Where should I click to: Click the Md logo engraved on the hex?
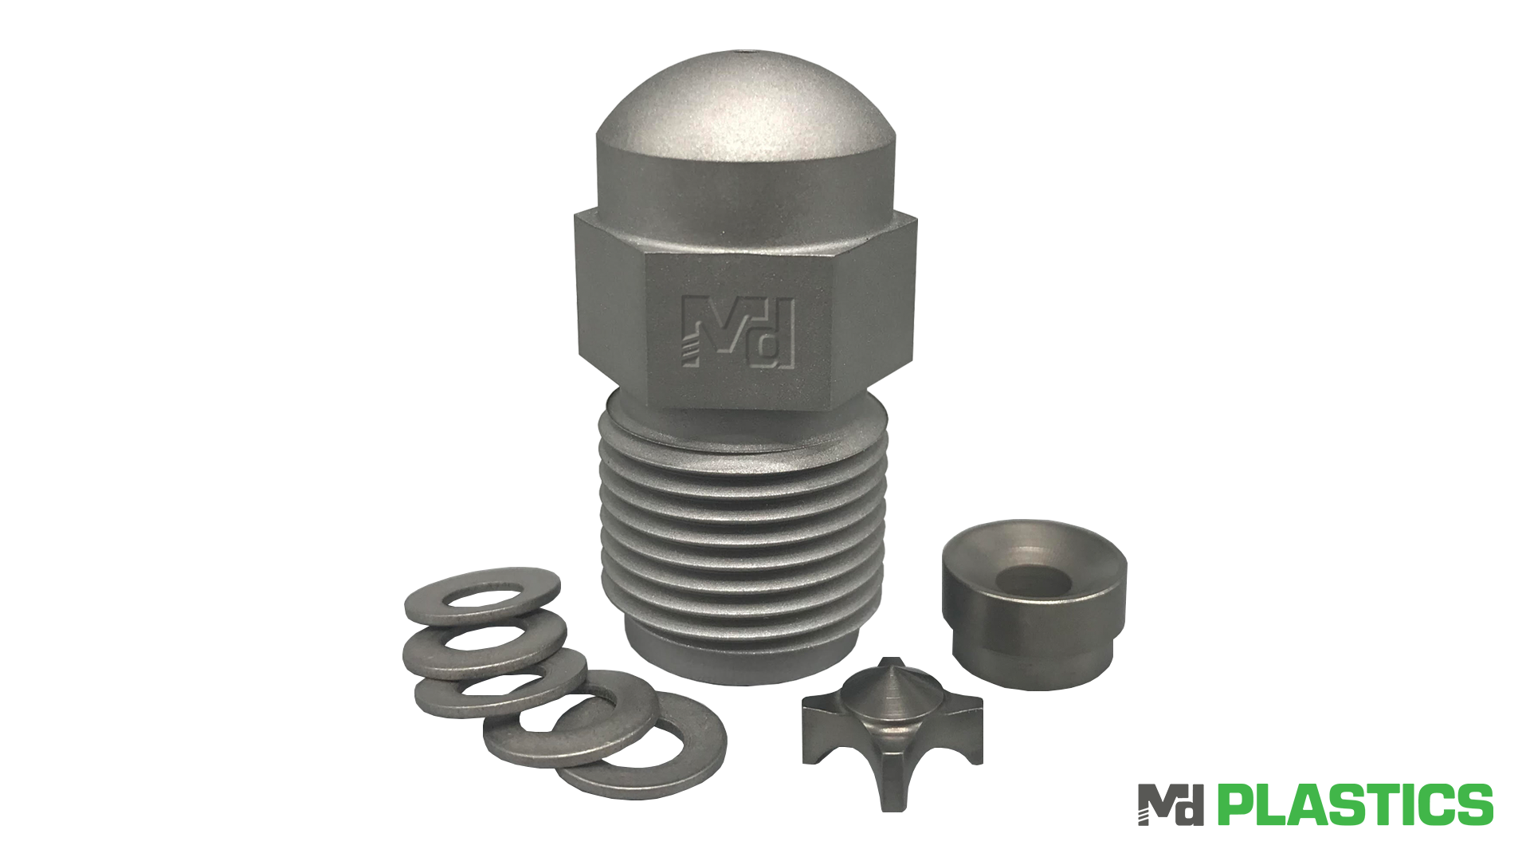(739, 332)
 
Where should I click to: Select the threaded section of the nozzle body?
(741, 534)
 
